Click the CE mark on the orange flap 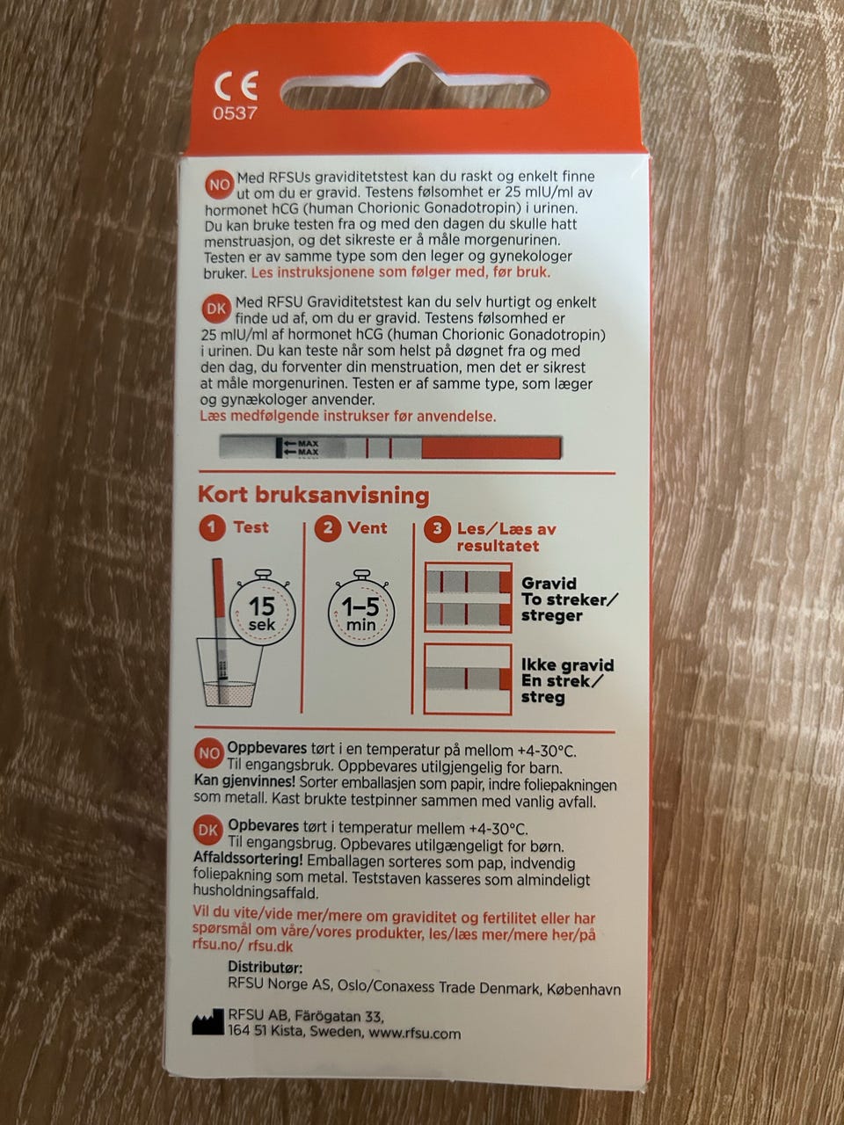(x=236, y=85)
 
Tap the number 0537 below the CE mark (x=236, y=113)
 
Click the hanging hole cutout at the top (x=414, y=88)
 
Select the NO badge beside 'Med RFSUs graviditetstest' (x=219, y=185)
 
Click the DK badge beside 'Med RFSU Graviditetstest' (x=216, y=309)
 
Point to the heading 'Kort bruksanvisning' (x=314, y=496)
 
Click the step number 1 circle (x=213, y=528)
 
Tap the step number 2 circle (x=328, y=528)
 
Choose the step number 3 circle (x=437, y=529)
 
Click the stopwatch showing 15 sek (x=262, y=608)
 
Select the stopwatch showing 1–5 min (x=361, y=608)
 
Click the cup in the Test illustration (x=230, y=673)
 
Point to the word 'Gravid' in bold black (x=549, y=584)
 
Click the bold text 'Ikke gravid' (x=567, y=665)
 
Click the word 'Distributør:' (x=265, y=968)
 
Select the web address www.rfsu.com (x=414, y=1034)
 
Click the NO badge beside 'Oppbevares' (x=209, y=754)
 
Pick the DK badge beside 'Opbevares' (x=208, y=831)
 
